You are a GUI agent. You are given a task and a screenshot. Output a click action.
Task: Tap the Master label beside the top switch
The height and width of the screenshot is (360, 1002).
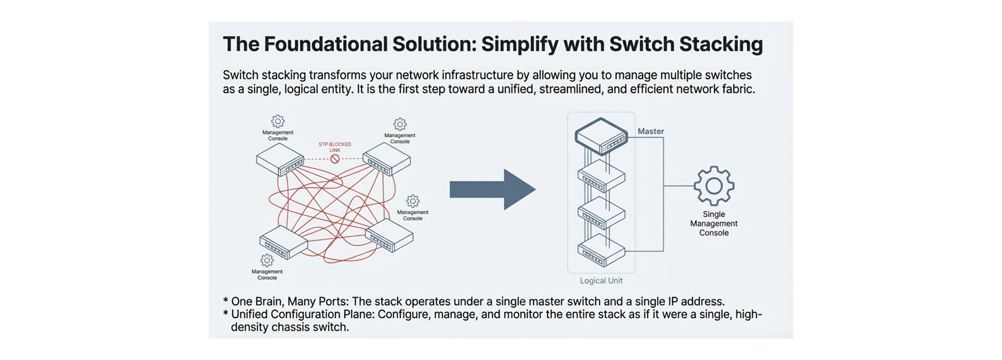coord(650,131)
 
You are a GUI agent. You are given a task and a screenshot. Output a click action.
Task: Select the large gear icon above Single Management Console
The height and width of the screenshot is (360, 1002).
coord(713,186)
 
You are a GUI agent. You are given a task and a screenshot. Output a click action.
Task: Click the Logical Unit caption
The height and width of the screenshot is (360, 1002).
coord(601,281)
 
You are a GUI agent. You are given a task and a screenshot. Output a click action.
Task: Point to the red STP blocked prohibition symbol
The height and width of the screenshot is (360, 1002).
coord(335,159)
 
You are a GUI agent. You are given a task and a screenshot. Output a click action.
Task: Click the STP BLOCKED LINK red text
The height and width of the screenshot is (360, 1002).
coord(335,147)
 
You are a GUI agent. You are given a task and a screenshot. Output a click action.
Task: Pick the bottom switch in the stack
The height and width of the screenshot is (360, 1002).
coord(601,250)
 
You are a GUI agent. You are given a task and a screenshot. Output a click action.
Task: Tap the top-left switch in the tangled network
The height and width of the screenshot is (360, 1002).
coord(280,160)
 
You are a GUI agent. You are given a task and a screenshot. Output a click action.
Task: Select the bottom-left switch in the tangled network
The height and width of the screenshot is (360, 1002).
coord(283,243)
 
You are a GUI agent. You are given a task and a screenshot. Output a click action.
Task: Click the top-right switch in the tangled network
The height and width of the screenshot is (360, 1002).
coord(386,159)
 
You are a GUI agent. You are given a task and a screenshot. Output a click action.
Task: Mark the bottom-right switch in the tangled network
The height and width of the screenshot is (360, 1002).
coord(389,235)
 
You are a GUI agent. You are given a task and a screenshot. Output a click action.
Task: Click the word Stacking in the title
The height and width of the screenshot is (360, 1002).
coord(721,44)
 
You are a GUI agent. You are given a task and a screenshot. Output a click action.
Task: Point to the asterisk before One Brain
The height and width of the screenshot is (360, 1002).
coord(225,302)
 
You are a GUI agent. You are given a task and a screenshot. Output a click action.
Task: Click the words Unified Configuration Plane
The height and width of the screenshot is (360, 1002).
coord(303,315)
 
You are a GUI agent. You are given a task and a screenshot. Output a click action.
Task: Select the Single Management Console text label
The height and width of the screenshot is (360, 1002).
coord(713,223)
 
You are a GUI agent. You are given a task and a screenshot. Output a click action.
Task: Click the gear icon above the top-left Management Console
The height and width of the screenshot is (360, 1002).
coord(278,121)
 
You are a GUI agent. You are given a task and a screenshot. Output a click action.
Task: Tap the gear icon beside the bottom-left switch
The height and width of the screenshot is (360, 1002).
coord(267,260)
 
